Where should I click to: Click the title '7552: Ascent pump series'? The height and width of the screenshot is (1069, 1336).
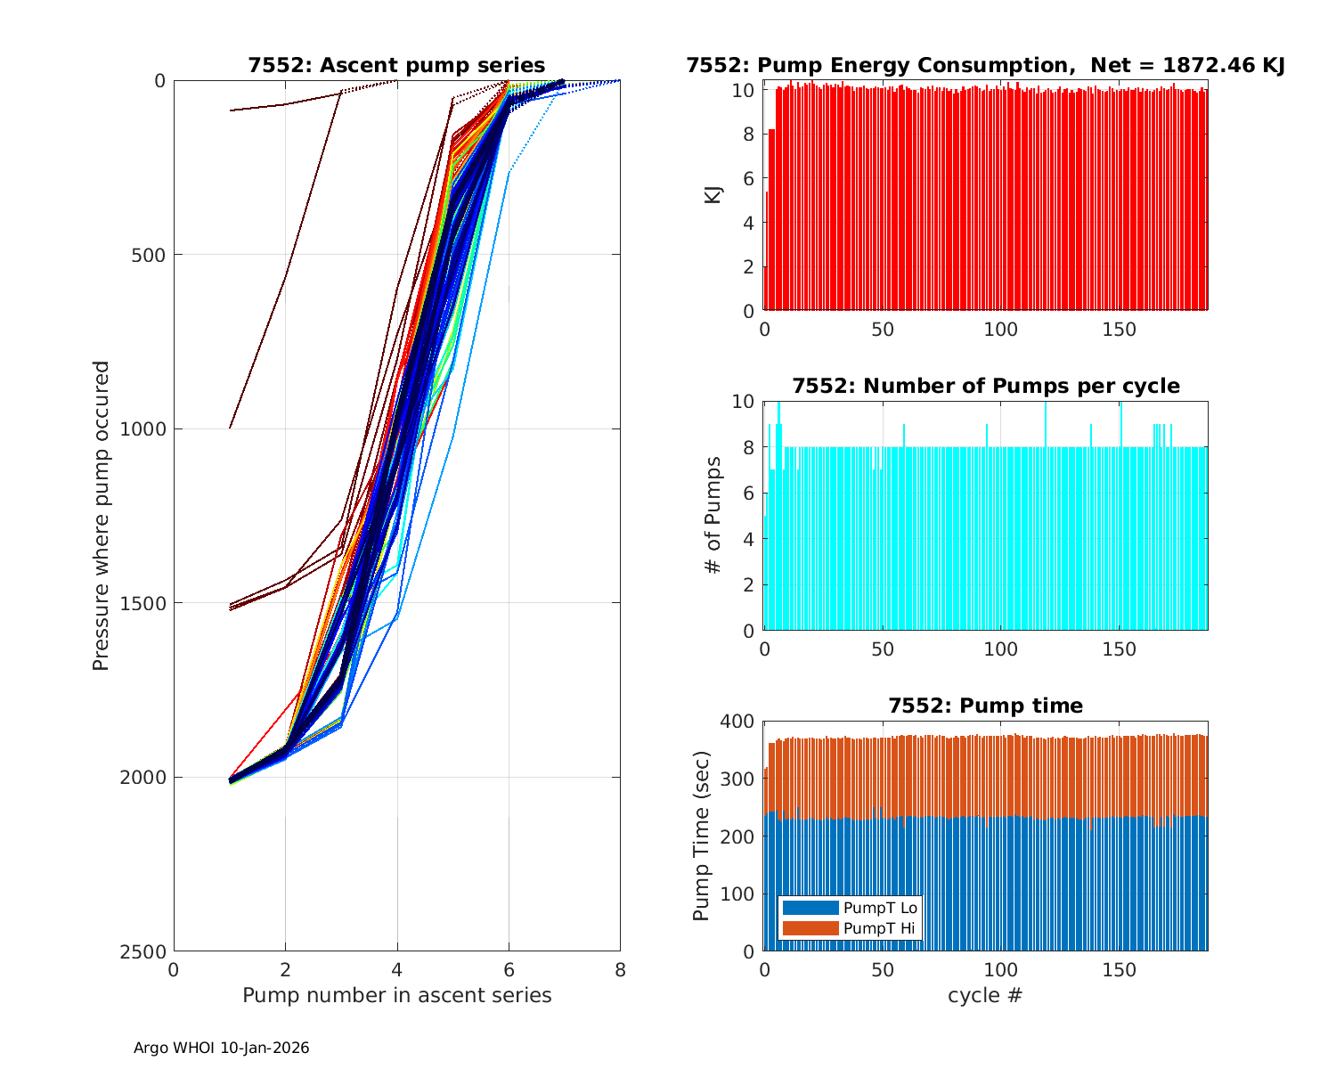click(396, 65)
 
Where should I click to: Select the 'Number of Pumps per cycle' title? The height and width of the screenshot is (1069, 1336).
click(985, 386)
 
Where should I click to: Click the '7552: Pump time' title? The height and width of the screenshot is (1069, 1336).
click(985, 706)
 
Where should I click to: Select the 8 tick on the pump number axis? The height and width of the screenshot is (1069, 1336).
click(620, 969)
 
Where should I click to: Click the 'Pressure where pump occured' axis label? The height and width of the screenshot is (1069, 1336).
click(101, 515)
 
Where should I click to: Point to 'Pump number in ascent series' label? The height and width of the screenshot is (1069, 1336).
click(396, 995)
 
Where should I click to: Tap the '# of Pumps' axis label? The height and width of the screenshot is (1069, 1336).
click(713, 515)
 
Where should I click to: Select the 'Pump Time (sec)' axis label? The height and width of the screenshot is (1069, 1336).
click(701, 836)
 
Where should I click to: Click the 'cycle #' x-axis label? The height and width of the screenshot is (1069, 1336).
click(985, 995)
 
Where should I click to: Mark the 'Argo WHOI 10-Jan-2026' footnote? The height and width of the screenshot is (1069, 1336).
click(221, 1048)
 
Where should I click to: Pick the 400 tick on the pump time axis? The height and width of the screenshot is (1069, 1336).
click(737, 721)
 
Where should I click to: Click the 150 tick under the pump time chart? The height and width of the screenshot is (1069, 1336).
click(1119, 969)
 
